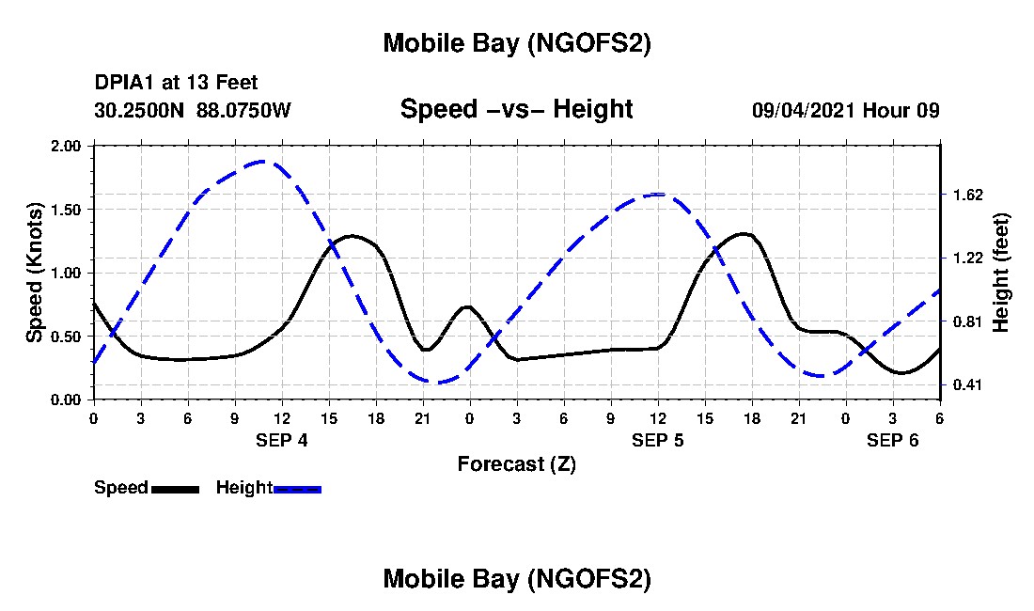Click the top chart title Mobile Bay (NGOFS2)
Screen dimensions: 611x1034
(x=516, y=44)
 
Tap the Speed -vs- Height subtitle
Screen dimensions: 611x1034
(x=516, y=109)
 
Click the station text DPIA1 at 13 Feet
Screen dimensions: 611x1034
(x=176, y=84)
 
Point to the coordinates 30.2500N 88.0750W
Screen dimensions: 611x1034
(x=193, y=110)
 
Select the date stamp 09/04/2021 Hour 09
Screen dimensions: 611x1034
(x=845, y=110)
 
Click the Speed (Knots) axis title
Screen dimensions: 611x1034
(x=34, y=273)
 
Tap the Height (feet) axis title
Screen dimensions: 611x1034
(x=1000, y=273)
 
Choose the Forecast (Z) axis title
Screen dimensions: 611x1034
(x=516, y=463)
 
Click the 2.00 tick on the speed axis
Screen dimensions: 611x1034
(x=66, y=147)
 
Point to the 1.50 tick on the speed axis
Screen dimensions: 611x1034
(x=66, y=210)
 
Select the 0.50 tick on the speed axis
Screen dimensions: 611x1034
(x=66, y=337)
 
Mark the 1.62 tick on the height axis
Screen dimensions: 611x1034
(x=967, y=195)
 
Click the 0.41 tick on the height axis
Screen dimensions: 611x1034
(x=967, y=384)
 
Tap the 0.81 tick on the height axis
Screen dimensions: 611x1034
(x=967, y=321)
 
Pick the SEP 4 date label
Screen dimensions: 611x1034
(x=282, y=440)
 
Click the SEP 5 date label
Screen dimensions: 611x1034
(x=658, y=440)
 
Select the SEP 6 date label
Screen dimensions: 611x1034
(x=893, y=440)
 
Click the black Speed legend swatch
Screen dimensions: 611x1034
(x=175, y=489)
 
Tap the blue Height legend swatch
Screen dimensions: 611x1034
(x=297, y=489)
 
